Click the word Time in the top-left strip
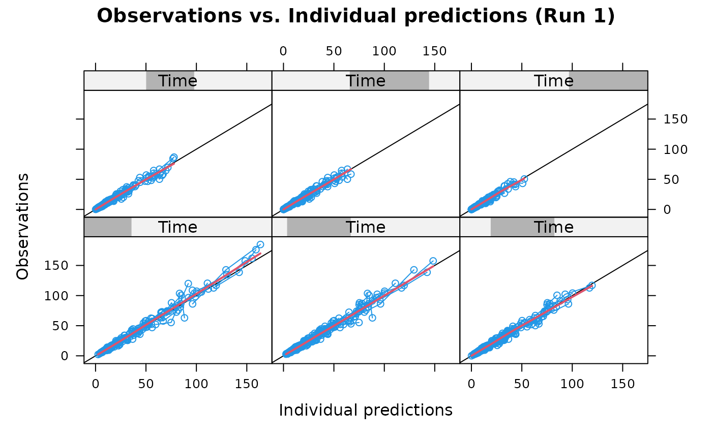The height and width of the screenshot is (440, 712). (x=177, y=81)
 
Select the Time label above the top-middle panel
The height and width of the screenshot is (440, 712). (x=365, y=81)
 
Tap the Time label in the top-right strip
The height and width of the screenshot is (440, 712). (x=553, y=81)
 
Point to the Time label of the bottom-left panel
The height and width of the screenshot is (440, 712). (x=177, y=227)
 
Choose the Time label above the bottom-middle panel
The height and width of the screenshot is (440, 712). (x=365, y=227)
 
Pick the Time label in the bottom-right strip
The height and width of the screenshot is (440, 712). (x=553, y=227)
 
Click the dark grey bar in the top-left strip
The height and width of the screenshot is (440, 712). (x=153, y=81)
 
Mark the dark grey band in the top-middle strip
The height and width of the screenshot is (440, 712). (x=407, y=81)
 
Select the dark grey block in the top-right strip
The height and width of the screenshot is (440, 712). (x=610, y=81)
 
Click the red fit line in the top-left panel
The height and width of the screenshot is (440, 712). (x=135, y=185)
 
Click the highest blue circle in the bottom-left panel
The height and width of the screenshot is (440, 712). (x=260, y=244)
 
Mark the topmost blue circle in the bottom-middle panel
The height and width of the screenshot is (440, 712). (x=433, y=261)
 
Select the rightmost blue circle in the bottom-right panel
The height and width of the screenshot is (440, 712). (x=591, y=286)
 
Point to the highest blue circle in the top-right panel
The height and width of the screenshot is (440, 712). (x=524, y=179)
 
